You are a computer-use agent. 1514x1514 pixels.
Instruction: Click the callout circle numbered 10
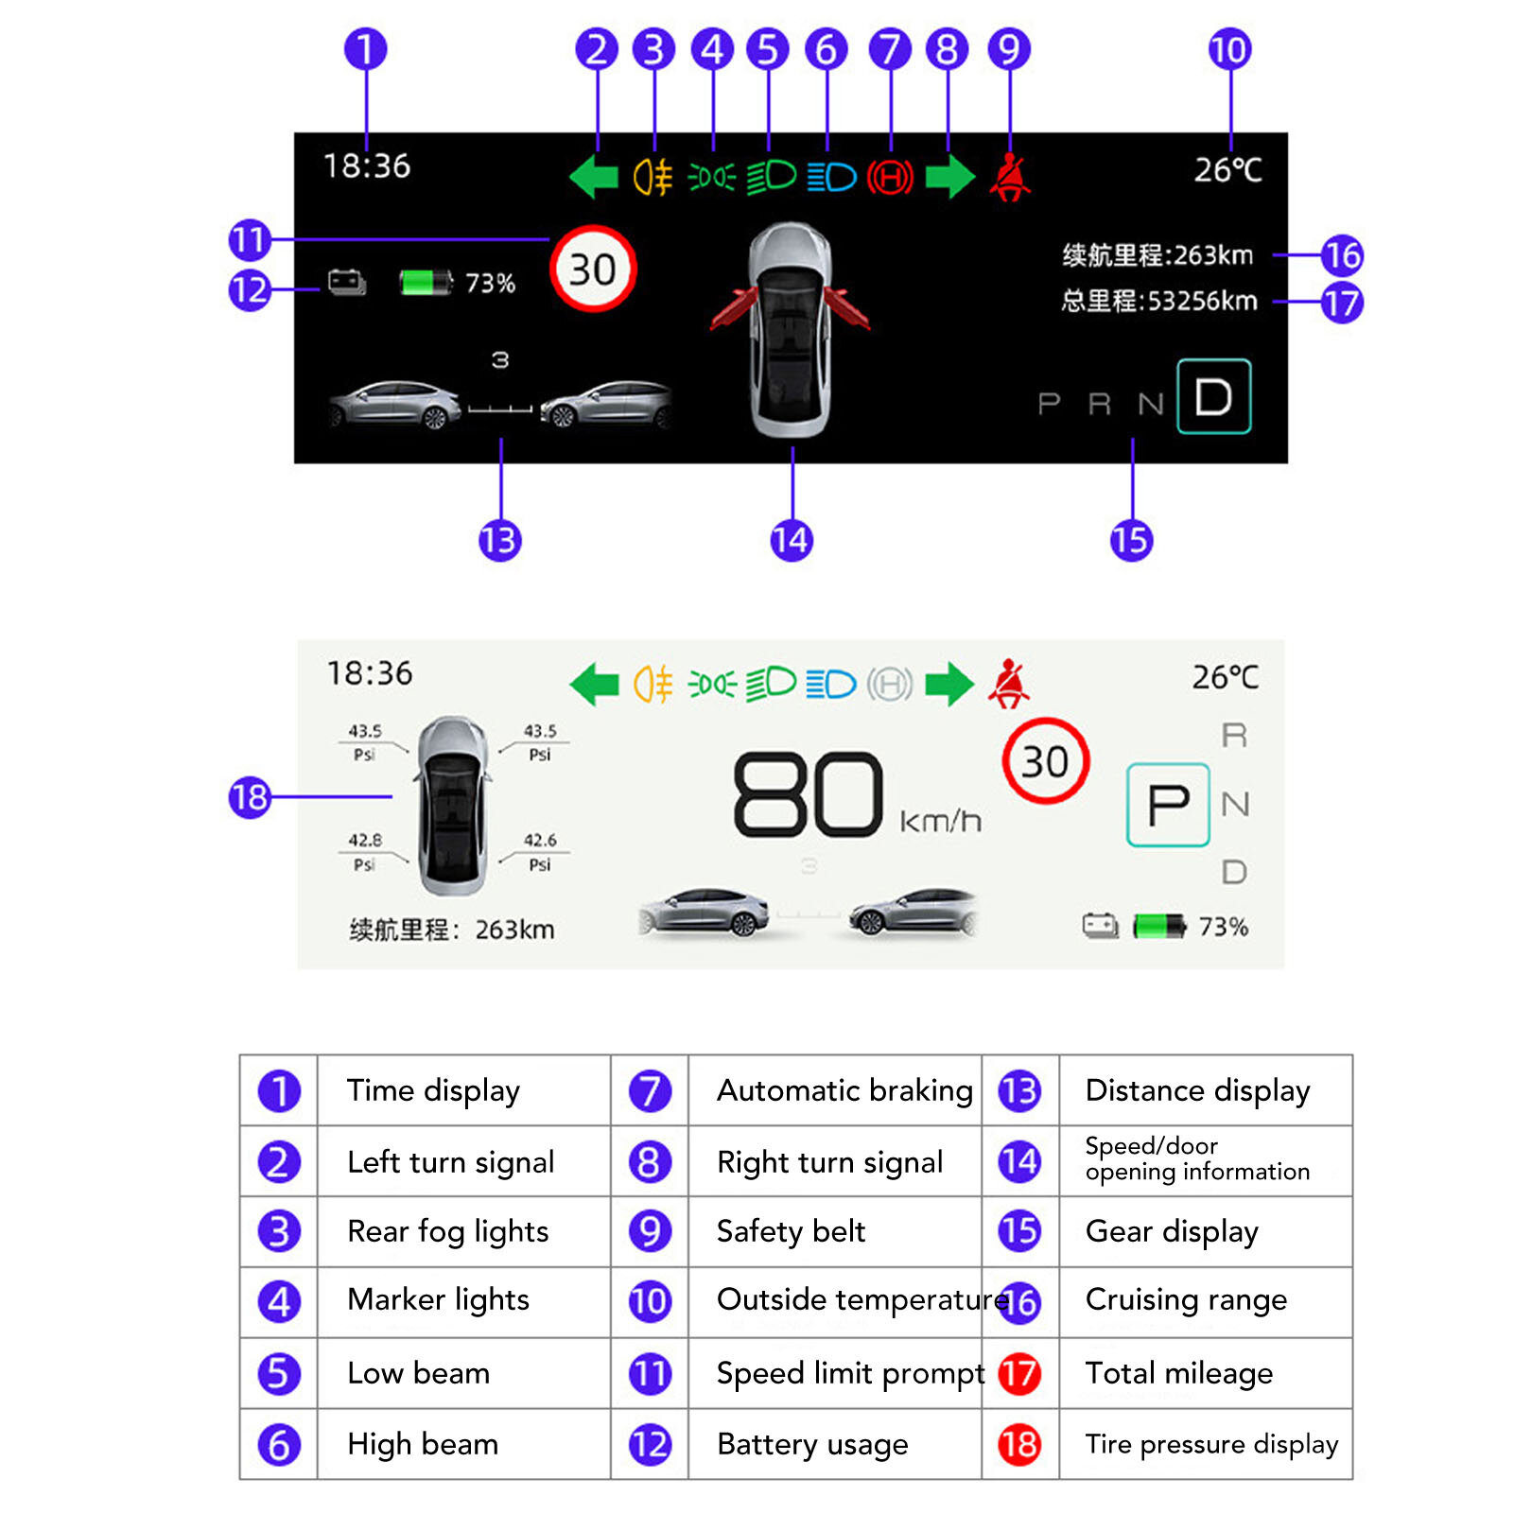(x=1229, y=49)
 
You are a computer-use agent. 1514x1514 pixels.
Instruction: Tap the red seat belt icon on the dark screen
(x=1010, y=177)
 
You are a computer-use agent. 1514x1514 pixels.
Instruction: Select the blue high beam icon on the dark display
(x=831, y=177)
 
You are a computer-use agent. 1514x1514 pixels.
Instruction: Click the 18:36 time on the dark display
(x=367, y=166)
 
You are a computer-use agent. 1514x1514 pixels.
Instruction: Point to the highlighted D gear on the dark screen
(x=1213, y=397)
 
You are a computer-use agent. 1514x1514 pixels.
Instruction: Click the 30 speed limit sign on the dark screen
(x=593, y=270)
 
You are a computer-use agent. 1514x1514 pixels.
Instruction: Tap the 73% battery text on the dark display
(x=490, y=283)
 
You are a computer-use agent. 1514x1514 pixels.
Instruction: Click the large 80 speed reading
(x=809, y=795)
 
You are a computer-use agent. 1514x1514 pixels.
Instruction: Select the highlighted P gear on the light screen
(x=1168, y=805)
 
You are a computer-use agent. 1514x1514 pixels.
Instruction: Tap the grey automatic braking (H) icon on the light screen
(x=890, y=684)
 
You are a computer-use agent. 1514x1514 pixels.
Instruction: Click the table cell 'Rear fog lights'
(x=447, y=1231)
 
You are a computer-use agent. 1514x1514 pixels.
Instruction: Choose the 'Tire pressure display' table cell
(x=1211, y=1444)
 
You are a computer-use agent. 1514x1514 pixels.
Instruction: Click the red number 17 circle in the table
(x=1019, y=1373)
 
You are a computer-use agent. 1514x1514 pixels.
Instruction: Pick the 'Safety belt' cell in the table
(x=791, y=1231)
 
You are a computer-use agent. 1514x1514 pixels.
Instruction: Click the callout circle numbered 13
(x=499, y=541)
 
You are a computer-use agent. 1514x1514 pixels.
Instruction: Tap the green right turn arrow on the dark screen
(x=949, y=176)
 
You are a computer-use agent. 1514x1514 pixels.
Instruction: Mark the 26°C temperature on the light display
(x=1225, y=677)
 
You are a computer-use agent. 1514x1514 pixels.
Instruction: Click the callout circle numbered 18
(x=250, y=797)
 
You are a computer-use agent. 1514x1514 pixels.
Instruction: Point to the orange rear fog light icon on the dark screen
(x=653, y=177)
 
